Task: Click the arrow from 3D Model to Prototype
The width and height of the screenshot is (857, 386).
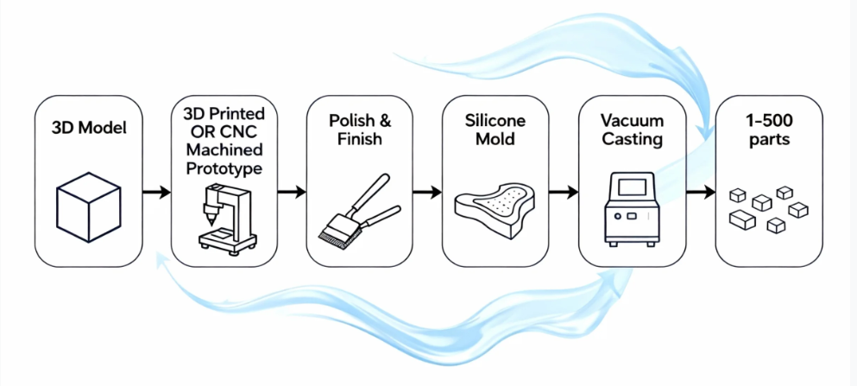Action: pyautogui.click(x=156, y=192)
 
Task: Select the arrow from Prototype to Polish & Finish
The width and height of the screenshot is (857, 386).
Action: pyautogui.click(x=293, y=192)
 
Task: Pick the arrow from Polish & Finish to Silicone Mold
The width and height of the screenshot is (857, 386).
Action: pyautogui.click(x=428, y=192)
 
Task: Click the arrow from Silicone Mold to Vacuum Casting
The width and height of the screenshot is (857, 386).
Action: pyautogui.click(x=564, y=192)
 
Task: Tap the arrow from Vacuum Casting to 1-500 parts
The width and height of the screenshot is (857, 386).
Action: pyautogui.click(x=700, y=192)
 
